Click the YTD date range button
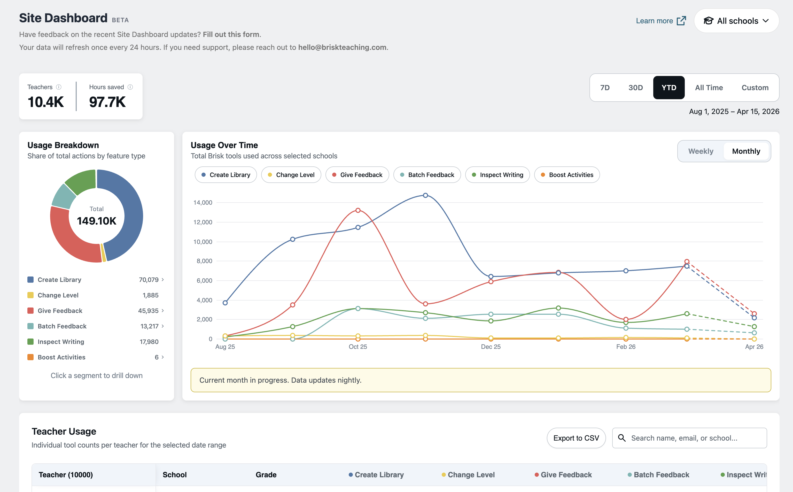coord(668,88)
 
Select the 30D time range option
coord(635,88)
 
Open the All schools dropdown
coord(736,21)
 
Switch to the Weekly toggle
coord(700,151)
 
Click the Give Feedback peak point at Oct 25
coord(358,210)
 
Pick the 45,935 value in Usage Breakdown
coord(148,311)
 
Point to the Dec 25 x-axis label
coord(491,347)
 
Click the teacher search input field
coord(693,438)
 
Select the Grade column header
coord(266,475)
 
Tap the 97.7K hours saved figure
coord(107,102)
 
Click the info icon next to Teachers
coord(59,87)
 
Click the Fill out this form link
coord(231,34)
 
